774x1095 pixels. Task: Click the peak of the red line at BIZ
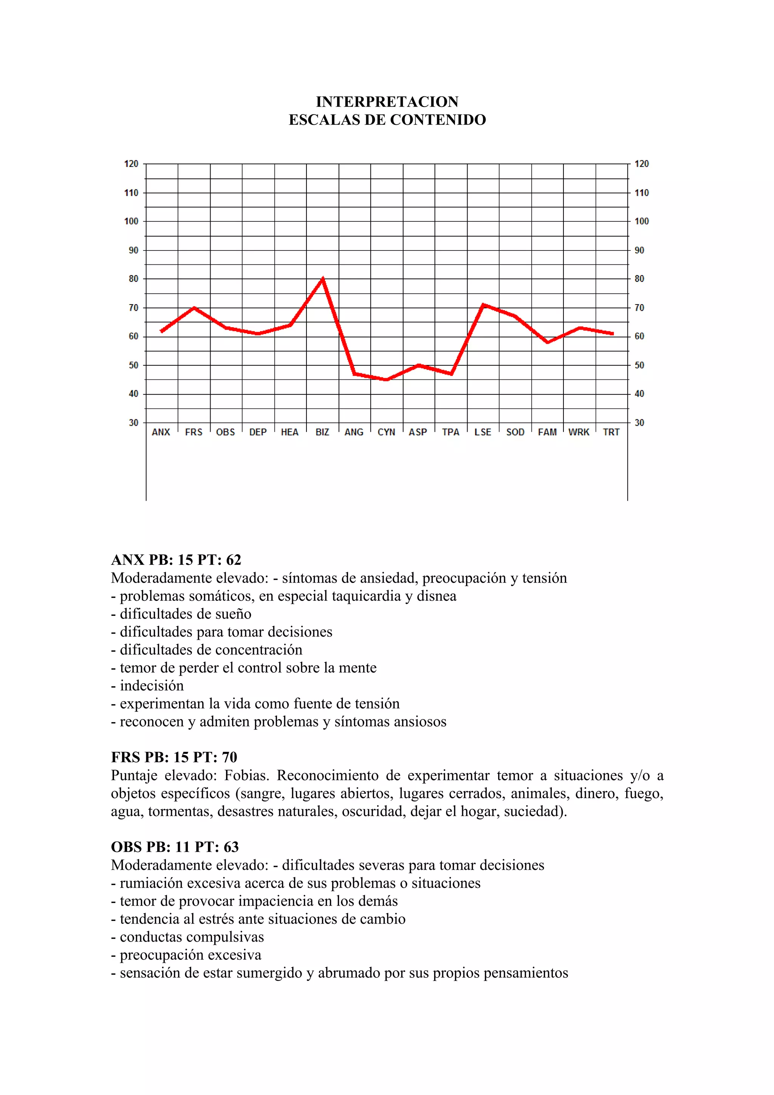pyautogui.click(x=323, y=278)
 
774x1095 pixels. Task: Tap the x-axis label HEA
pyautogui.click(x=289, y=432)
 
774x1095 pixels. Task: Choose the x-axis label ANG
pyautogui.click(x=354, y=432)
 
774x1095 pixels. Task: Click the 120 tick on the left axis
pyautogui.click(x=131, y=164)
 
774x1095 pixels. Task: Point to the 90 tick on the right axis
pyautogui.click(x=639, y=251)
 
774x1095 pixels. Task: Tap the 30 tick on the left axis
pyautogui.click(x=133, y=422)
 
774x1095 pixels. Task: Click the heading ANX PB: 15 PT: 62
pyautogui.click(x=176, y=560)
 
